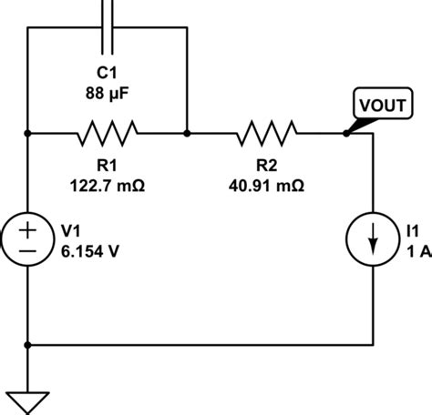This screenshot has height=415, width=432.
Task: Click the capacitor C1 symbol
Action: click(x=108, y=27)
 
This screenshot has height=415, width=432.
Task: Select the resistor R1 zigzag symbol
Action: click(x=108, y=134)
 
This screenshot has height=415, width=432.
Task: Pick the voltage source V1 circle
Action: click(x=29, y=239)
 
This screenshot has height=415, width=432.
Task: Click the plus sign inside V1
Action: click(x=29, y=228)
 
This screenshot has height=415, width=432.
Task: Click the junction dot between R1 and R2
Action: click(x=187, y=134)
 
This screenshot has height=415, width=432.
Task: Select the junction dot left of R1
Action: click(x=29, y=134)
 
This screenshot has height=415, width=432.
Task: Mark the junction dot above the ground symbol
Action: click(x=29, y=345)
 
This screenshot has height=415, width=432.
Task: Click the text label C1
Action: click(x=108, y=71)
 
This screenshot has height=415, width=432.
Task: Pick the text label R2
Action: click(x=267, y=165)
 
